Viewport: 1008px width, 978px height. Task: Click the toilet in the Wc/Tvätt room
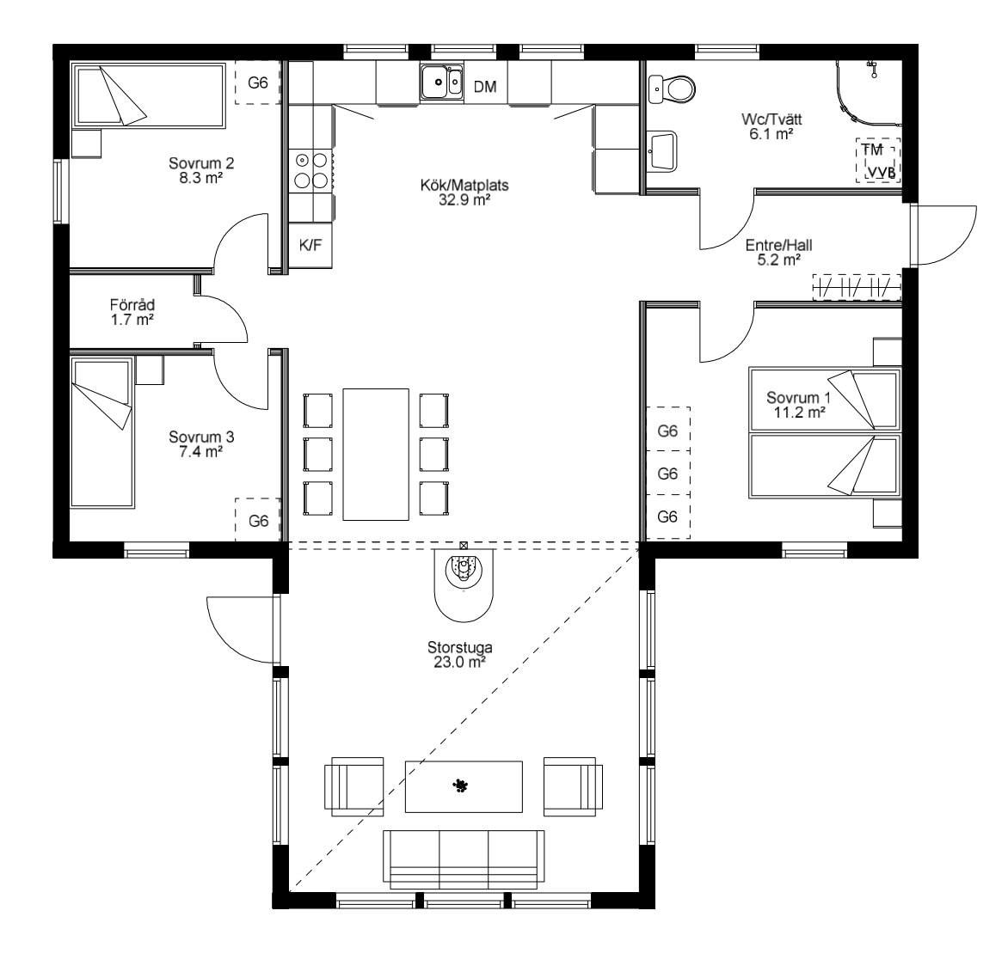click(x=672, y=89)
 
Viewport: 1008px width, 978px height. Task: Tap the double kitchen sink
click(x=441, y=83)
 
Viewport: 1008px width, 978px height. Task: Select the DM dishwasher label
click(x=485, y=87)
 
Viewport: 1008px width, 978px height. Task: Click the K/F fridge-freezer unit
click(x=310, y=245)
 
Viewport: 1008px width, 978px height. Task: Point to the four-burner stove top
click(x=311, y=170)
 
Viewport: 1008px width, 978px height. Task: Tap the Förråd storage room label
click(x=132, y=304)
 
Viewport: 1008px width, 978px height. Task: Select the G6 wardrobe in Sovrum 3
click(x=258, y=520)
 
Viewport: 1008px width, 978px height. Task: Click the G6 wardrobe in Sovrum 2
click(x=258, y=83)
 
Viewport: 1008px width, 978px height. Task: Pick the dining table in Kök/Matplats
click(x=376, y=454)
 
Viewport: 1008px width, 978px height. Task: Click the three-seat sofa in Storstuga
click(x=464, y=859)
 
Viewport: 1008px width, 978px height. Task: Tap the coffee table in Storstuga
click(x=464, y=786)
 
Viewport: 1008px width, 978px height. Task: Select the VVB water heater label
click(x=882, y=172)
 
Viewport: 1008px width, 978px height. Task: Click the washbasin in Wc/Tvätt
click(x=662, y=151)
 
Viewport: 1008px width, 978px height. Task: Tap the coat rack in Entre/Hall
click(x=857, y=286)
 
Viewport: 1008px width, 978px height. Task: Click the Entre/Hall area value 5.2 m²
click(x=779, y=260)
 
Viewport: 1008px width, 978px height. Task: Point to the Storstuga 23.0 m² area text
click(x=459, y=662)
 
